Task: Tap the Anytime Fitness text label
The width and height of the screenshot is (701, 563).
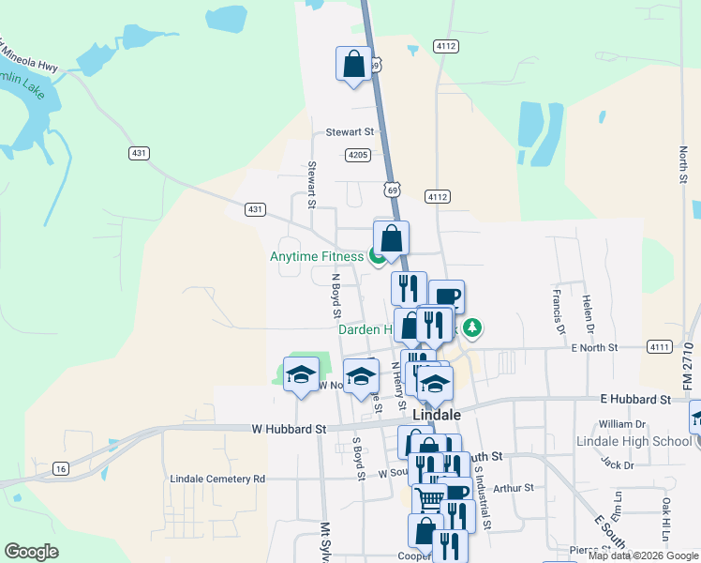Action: [316, 256]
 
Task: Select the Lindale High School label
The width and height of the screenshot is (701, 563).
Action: [633, 441]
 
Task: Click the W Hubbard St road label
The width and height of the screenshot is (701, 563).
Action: [288, 429]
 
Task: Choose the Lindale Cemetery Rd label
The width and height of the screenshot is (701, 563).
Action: [217, 479]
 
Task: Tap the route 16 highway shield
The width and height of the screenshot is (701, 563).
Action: [61, 468]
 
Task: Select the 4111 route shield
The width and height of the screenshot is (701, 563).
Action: [660, 347]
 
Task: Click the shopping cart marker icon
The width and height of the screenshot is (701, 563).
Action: [429, 499]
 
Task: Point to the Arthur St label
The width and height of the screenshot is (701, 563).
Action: [513, 488]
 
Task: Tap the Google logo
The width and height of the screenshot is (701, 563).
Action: [31, 552]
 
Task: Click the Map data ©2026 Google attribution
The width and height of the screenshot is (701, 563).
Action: [644, 555]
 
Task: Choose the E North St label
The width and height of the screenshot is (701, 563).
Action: [594, 347]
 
